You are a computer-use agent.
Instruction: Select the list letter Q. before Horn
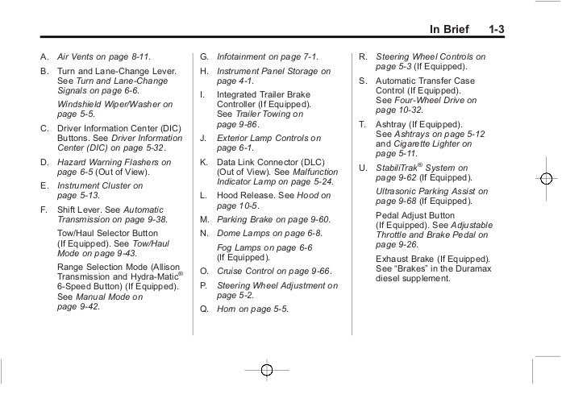point(203,309)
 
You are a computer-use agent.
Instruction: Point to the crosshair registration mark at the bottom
point(268,370)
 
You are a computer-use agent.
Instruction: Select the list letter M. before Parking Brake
point(204,219)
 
